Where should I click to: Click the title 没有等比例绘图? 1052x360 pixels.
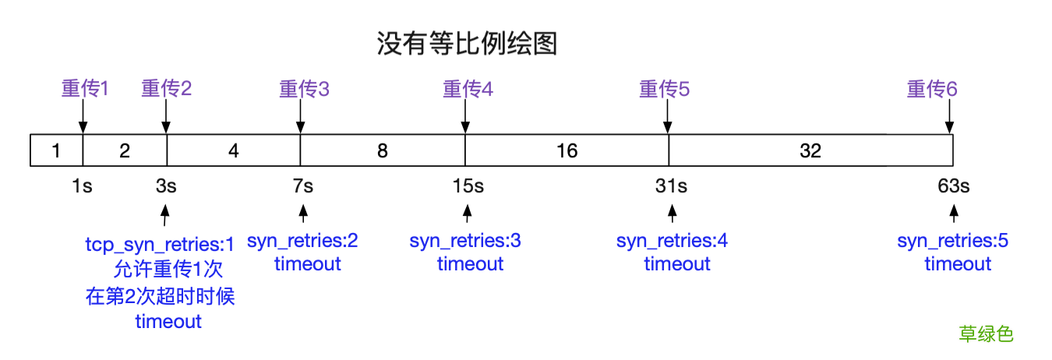pyautogui.click(x=467, y=44)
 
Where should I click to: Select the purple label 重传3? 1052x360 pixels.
pyautogui.click(x=304, y=89)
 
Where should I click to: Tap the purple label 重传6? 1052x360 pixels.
pyautogui.click(x=931, y=89)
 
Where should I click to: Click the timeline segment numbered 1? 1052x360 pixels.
pyautogui.click(x=56, y=150)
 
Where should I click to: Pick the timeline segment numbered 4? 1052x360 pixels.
pyautogui.click(x=233, y=150)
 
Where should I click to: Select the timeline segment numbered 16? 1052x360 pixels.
pyautogui.click(x=567, y=150)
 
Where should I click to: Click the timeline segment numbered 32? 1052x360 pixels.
pyautogui.click(x=810, y=150)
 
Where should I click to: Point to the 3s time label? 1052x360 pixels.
pyautogui.click(x=165, y=186)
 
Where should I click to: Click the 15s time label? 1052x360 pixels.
pyautogui.click(x=468, y=186)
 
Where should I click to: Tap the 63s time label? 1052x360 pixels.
pyautogui.click(x=954, y=186)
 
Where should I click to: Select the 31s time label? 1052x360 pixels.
pyautogui.click(x=671, y=186)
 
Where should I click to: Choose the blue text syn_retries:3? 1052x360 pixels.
pyautogui.click(x=465, y=241)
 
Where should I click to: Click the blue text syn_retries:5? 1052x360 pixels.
pyautogui.click(x=952, y=241)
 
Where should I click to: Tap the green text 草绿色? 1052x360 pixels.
pyautogui.click(x=986, y=334)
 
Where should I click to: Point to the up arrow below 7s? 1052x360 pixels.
pyautogui.click(x=303, y=212)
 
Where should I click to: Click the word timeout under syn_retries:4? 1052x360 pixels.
pyautogui.click(x=676, y=264)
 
